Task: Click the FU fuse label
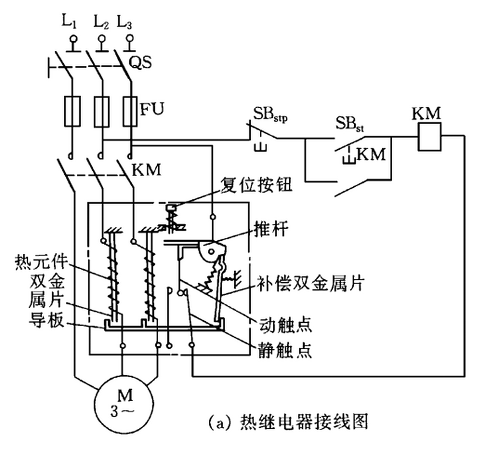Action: click(x=152, y=109)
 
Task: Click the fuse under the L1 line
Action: click(x=72, y=111)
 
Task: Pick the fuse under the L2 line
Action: click(x=102, y=111)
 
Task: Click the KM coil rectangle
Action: click(x=430, y=136)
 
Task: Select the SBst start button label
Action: click(x=349, y=124)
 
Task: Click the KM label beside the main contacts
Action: click(x=146, y=170)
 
